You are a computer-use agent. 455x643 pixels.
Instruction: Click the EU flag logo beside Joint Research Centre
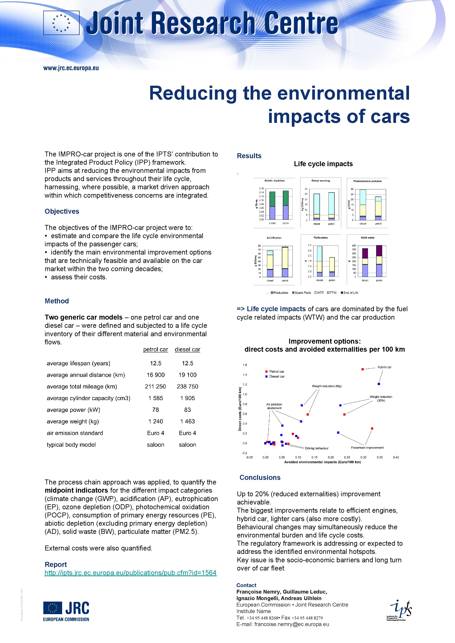coord(61,23)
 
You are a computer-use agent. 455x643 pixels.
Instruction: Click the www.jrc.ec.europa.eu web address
coord(71,68)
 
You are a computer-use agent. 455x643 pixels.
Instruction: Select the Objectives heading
coord(62,211)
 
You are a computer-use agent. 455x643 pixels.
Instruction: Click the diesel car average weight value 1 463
coord(187,421)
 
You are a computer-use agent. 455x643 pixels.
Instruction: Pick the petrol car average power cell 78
coord(156,410)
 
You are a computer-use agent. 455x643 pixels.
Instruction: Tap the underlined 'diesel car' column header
coord(187,350)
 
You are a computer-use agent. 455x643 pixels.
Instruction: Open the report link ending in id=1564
coord(131,573)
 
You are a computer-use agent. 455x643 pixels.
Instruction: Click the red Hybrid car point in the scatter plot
coord(363,369)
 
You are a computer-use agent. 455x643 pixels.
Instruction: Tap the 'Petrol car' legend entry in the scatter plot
coord(276,372)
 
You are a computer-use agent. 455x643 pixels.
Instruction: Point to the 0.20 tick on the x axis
coord(331,457)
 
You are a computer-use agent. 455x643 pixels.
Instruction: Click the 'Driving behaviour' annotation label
coord(317,448)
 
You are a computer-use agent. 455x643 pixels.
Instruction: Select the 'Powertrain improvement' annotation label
coord(367,447)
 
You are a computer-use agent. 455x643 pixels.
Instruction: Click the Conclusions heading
coord(260,478)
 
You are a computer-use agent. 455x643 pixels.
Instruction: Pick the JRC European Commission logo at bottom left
coord(66,611)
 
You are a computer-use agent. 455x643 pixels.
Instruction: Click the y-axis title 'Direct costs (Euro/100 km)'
coord(240,409)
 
